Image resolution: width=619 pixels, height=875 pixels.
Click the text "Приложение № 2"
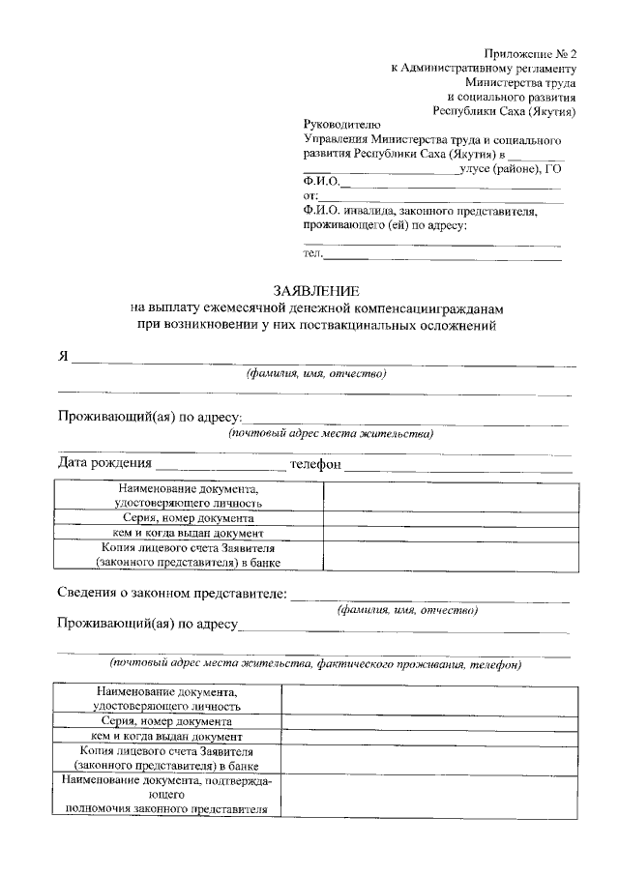[x=530, y=53]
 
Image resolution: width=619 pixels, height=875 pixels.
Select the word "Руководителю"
[x=342, y=125]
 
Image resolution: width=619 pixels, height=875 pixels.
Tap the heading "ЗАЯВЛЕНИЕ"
[x=316, y=291]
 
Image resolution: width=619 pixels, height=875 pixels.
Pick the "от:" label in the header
[x=310, y=195]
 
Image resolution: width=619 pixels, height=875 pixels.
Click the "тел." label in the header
[x=312, y=253]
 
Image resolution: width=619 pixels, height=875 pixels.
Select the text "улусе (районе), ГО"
[x=513, y=168]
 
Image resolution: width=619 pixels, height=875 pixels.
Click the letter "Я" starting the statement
[x=63, y=356]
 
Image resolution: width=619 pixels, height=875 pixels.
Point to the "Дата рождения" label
[x=105, y=464]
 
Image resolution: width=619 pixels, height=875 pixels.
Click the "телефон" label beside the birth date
[x=316, y=464]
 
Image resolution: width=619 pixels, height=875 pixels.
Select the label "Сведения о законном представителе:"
[x=171, y=593]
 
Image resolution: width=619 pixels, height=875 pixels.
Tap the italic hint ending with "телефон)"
[x=315, y=665]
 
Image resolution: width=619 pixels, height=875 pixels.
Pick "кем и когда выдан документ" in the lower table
[x=166, y=736]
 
